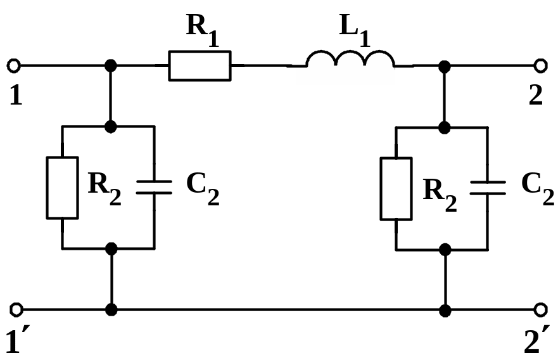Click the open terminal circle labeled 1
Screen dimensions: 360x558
click(14, 65)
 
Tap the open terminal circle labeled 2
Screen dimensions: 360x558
click(540, 65)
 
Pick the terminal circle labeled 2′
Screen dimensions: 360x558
click(540, 309)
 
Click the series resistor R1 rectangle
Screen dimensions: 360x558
click(200, 65)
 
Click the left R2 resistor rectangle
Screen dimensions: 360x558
click(62, 187)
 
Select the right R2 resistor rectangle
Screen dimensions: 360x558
click(396, 187)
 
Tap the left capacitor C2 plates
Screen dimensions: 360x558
click(155, 186)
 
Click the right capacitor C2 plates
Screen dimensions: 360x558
click(488, 186)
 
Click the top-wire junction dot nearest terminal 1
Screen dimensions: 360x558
click(111, 65)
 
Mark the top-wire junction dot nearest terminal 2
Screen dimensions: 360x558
click(445, 65)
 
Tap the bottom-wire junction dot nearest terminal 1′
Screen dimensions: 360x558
click(111, 310)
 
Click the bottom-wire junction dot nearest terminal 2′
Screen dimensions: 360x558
click(445, 310)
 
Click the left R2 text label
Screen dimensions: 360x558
click(104, 187)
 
